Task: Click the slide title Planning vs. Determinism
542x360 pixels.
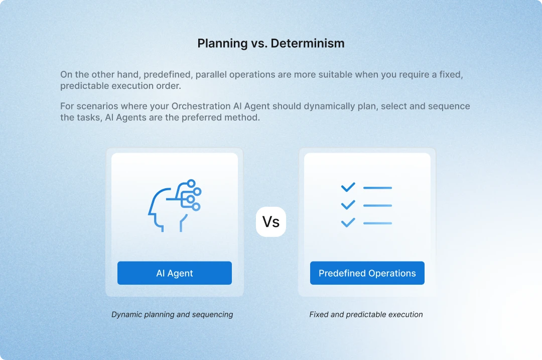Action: pyautogui.click(x=271, y=43)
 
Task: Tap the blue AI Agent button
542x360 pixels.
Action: pyautogui.click(x=175, y=273)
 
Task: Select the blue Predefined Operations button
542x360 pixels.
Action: pyautogui.click(x=367, y=273)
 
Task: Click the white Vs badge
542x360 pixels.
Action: pyautogui.click(x=271, y=221)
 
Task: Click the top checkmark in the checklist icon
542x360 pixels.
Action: pyautogui.click(x=348, y=187)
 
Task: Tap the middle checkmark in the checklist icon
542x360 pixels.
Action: pyautogui.click(x=348, y=205)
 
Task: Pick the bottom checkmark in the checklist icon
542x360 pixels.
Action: pyautogui.click(x=348, y=222)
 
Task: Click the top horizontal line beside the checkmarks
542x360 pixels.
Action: pyautogui.click(x=377, y=188)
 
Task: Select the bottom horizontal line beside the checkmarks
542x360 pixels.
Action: pyautogui.click(x=377, y=223)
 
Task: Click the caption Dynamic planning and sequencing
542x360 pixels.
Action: pyautogui.click(x=172, y=315)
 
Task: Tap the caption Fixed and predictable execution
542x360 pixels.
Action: pyautogui.click(x=366, y=315)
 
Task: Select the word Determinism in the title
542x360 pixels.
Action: pyautogui.click(x=308, y=43)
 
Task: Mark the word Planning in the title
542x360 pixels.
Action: pyautogui.click(x=216, y=43)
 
